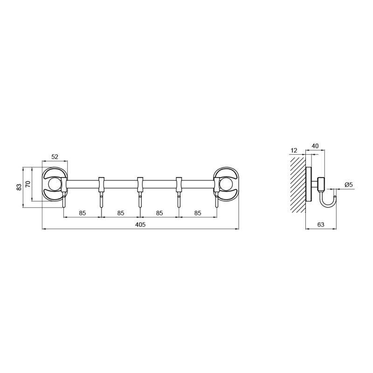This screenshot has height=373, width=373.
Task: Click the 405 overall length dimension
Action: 140,225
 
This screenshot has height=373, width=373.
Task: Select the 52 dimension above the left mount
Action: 55,157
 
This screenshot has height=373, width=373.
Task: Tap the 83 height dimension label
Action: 19,187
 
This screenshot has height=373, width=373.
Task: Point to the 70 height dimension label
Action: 28,184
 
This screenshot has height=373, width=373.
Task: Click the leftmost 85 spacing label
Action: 83,213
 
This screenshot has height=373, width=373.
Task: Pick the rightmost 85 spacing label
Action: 198,213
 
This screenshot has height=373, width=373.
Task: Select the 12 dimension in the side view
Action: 294,151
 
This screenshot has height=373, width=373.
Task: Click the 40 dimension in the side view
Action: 315,146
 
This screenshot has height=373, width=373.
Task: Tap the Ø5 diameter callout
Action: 348,184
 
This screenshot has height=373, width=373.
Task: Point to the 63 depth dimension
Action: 321,225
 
